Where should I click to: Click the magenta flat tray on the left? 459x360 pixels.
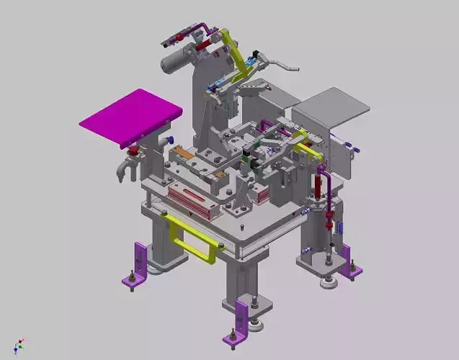tap(130, 117)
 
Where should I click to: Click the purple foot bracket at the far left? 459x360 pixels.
tap(138, 265)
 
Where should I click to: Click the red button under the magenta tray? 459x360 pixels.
tap(133, 151)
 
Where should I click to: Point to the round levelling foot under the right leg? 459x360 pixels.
tap(329, 282)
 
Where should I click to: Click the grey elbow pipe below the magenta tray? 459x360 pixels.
tap(122, 170)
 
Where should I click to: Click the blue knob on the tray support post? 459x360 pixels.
tap(168, 140)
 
